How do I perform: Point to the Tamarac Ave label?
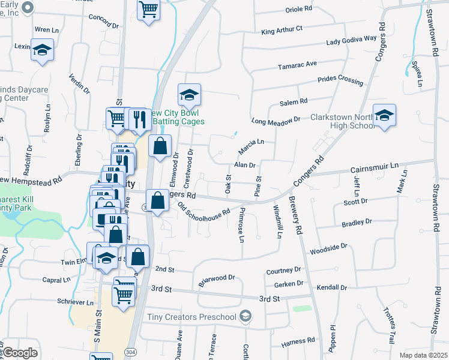[297, 64]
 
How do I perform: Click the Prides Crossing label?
[340, 80]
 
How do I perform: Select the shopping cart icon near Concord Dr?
[148, 10]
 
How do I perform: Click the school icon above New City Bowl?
[188, 95]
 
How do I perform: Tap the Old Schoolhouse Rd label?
[204, 209]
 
